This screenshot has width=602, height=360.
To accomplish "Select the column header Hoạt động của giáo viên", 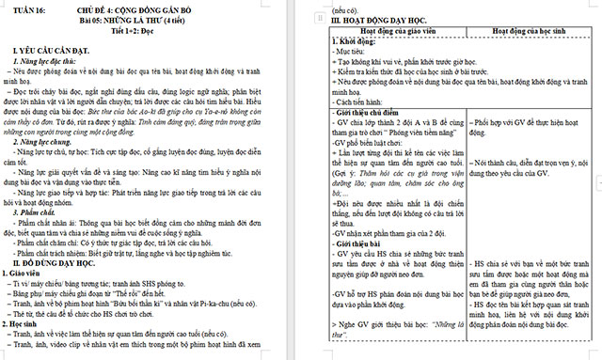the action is point(398,31).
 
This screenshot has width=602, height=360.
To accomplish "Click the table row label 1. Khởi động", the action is point(356,41).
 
